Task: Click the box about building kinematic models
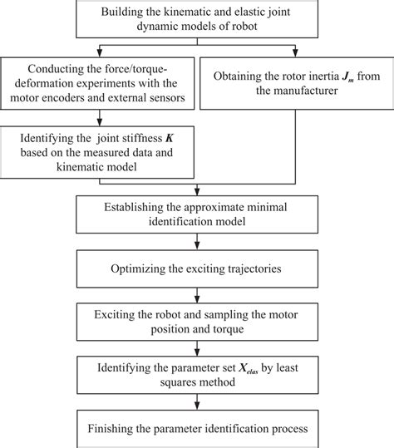coord(196,18)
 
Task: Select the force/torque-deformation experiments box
coord(99,84)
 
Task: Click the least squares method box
coord(196,373)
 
